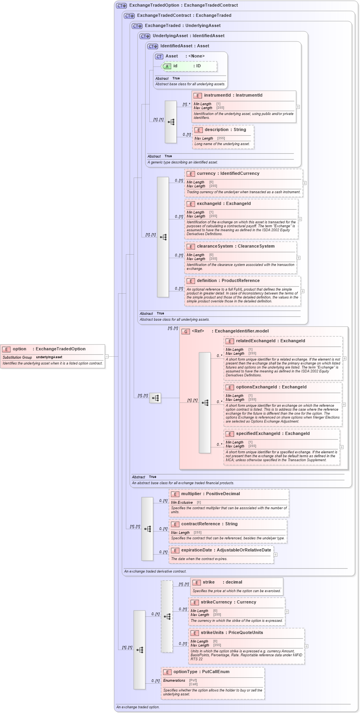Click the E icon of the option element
[x=6, y=349]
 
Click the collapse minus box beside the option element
[x=107, y=356]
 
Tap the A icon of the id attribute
[x=167, y=66]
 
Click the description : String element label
[x=225, y=130]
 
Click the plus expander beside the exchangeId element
[x=300, y=219]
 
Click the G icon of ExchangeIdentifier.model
[x=186, y=331]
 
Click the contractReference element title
[x=209, y=524]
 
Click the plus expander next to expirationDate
[x=275, y=555]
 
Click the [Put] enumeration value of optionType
[x=193, y=680]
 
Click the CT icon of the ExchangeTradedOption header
[x=122, y=6]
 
